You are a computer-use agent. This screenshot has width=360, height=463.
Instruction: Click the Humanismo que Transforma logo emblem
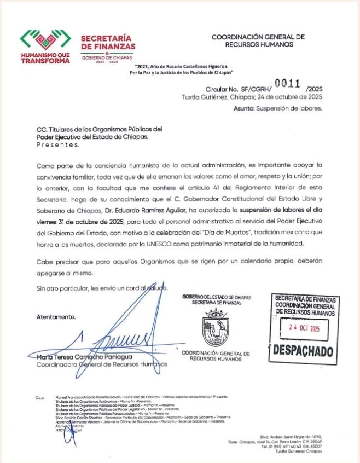point(45,41)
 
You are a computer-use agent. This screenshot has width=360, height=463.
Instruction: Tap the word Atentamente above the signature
point(56,317)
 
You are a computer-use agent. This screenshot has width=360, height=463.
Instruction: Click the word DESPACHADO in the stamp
point(303,350)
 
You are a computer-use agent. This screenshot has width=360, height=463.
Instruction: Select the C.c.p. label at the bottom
point(39,396)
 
